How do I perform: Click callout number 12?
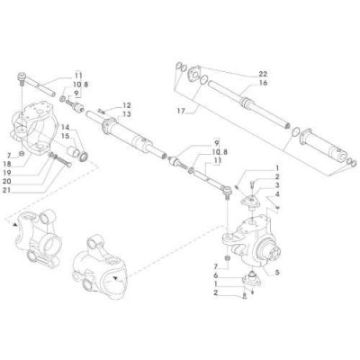(x=127, y=105)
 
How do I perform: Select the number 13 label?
(x=127, y=114)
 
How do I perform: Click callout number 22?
(x=263, y=73)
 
